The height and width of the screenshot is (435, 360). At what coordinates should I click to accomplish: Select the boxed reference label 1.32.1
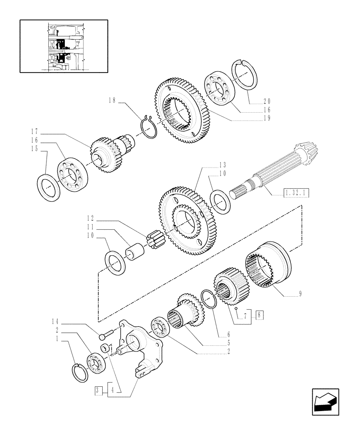[x=296, y=192]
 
